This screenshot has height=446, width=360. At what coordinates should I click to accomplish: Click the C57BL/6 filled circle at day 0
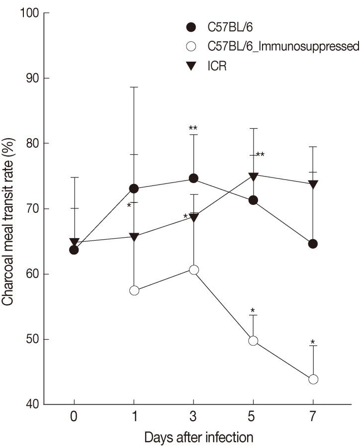tap(74, 250)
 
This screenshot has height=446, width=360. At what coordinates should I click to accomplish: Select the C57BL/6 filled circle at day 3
tap(193, 178)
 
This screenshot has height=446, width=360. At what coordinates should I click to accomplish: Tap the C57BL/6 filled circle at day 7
tap(313, 244)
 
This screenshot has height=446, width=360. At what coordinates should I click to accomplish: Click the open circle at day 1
tap(134, 290)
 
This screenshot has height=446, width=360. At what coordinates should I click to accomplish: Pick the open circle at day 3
tap(193, 269)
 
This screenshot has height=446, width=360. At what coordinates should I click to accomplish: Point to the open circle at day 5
tap(253, 341)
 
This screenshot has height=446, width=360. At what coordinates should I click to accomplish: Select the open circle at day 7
tap(313, 379)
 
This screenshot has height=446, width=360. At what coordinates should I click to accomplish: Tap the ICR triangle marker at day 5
tap(253, 176)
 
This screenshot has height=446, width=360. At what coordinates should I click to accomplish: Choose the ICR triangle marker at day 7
tap(313, 184)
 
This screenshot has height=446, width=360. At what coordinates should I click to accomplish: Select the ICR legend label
tap(217, 66)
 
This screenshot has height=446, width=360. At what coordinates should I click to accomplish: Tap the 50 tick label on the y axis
tap(31, 340)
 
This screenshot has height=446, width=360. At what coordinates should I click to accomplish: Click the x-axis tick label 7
tap(313, 416)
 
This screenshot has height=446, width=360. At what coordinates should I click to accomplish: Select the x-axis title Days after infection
tap(199, 438)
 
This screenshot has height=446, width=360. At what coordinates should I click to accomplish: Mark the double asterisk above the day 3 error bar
tap(193, 129)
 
